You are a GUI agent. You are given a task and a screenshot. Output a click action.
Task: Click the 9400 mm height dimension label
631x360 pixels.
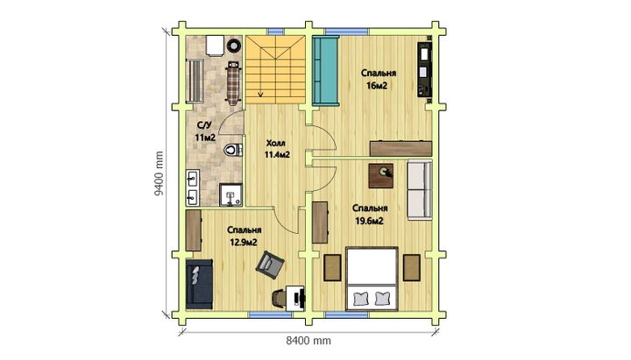[x=160, y=173]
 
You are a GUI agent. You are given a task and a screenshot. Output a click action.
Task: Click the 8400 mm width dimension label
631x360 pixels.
[x=308, y=341]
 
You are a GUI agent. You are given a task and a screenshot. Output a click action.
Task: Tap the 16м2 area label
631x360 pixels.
[x=377, y=86]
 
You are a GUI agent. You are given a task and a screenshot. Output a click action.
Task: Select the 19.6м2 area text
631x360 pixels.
[x=369, y=221]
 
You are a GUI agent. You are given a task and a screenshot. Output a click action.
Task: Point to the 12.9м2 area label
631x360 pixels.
[x=244, y=242]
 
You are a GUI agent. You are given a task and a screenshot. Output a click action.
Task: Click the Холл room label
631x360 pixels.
[x=276, y=143]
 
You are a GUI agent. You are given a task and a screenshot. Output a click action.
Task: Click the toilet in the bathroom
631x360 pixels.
[x=233, y=150]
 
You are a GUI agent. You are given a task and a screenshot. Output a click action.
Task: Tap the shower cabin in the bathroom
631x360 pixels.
[x=231, y=195]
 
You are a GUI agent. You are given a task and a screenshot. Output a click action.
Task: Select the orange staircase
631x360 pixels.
[x=276, y=69]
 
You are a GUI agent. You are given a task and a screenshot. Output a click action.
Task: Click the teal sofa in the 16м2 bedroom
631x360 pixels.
[x=325, y=71]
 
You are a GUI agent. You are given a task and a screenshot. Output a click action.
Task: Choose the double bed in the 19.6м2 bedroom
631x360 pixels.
[x=372, y=279]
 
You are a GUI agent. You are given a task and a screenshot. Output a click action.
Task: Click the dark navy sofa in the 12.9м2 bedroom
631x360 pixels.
[x=199, y=284]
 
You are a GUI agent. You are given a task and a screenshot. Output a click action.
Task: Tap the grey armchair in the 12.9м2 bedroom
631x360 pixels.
[x=270, y=265]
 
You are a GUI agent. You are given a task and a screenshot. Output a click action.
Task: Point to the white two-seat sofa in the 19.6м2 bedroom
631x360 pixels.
[x=420, y=190]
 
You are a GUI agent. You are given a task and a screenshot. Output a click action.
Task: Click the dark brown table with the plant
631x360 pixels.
[x=381, y=176]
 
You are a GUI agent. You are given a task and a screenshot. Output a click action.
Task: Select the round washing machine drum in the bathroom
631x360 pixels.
[x=234, y=46]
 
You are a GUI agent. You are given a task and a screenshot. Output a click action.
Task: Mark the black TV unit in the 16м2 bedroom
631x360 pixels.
[x=424, y=69]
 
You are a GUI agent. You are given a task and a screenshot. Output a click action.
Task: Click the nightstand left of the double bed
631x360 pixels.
[x=332, y=267]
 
